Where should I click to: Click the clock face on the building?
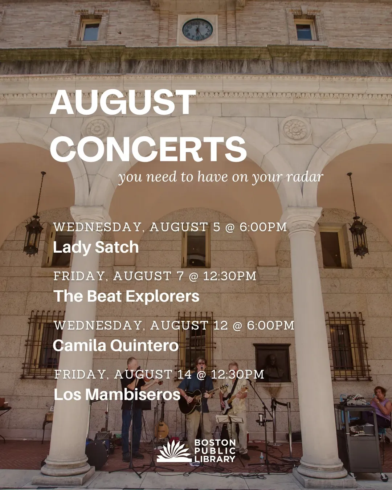pyautogui.click(x=197, y=30)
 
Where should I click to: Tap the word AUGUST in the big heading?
pyautogui.click(x=123, y=102)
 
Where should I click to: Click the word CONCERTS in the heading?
pyautogui.click(x=148, y=149)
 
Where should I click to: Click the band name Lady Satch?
pyautogui.click(x=96, y=247)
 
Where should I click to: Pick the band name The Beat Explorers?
pyautogui.click(x=126, y=296)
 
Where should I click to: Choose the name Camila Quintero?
pyautogui.click(x=116, y=345)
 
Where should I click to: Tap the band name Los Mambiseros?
pyautogui.click(x=117, y=395)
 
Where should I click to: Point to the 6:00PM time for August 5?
pyautogui.click(x=263, y=227)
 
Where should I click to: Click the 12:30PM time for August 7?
pyautogui.click(x=230, y=276)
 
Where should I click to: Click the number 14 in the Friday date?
pyautogui.click(x=184, y=375)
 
